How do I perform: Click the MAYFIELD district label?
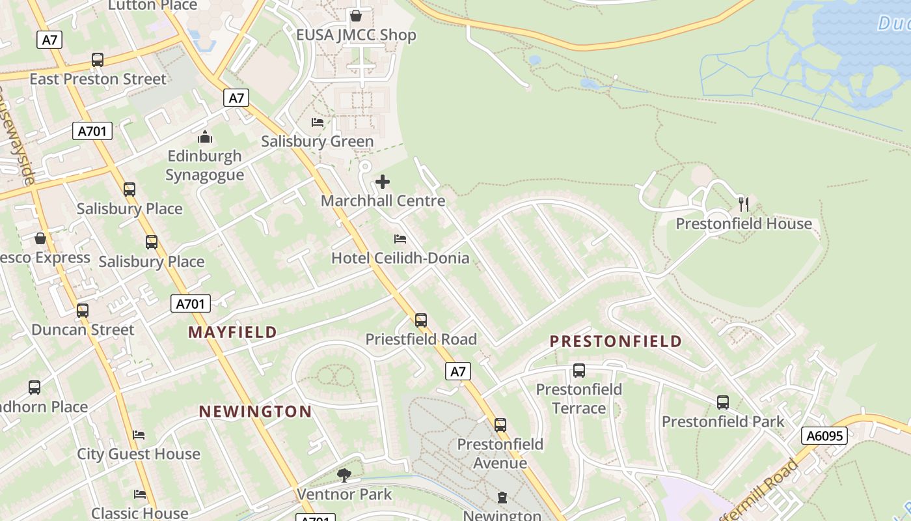[232, 332]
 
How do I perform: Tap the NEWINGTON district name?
[255, 412]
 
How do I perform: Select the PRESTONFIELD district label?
[616, 341]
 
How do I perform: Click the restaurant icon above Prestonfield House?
[744, 204]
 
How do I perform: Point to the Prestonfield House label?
[744, 224]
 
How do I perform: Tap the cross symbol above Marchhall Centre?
[383, 182]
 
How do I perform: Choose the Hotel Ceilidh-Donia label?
[400, 258]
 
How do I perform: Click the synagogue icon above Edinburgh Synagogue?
[205, 137]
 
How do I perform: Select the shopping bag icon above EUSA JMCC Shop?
[355, 15]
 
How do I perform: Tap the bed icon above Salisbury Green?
[318, 122]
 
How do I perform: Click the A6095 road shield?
[824, 436]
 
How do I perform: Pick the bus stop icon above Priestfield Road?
[421, 320]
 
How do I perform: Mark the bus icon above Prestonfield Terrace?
[579, 371]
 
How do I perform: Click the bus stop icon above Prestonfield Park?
[723, 402]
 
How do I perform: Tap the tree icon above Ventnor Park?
[344, 475]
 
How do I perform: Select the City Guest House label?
[139, 454]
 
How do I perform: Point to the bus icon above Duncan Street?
[83, 311]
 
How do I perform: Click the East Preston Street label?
[98, 79]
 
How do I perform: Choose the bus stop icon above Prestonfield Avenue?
[500, 425]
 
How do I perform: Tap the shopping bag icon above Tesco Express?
[40, 238]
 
